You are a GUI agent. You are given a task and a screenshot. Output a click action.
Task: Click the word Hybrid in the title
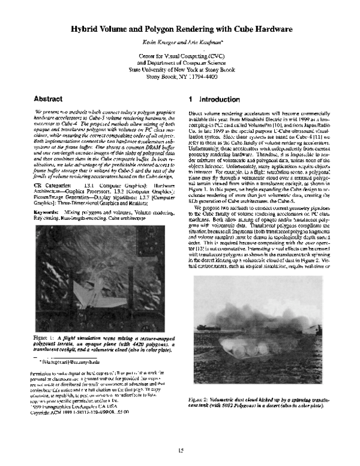[x=87, y=28]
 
